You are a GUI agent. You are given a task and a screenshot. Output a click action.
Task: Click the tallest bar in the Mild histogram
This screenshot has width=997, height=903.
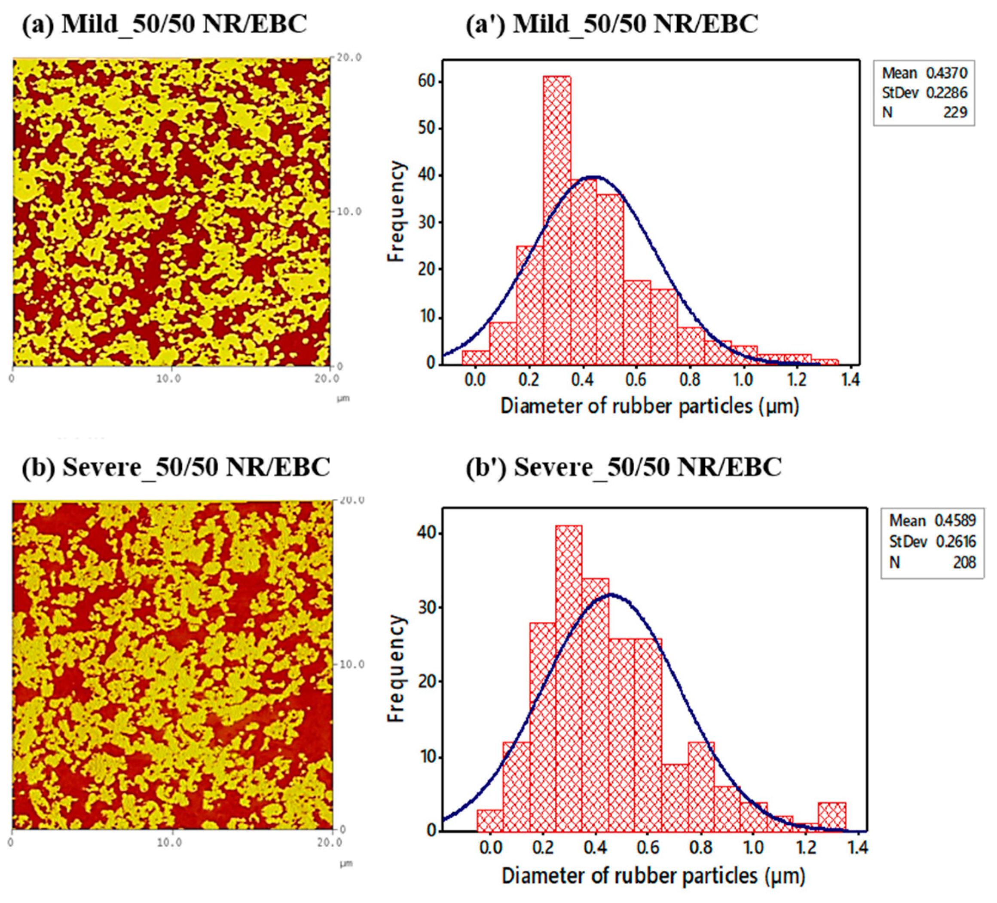[557, 220]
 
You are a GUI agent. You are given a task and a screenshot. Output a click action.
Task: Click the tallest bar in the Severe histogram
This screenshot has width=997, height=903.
[568, 678]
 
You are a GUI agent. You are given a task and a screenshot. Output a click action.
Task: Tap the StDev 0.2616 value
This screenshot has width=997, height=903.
[955, 542]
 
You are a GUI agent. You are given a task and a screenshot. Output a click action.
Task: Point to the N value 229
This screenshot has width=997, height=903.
[954, 113]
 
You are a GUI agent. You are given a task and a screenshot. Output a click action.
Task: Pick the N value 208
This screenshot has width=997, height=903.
[964, 562]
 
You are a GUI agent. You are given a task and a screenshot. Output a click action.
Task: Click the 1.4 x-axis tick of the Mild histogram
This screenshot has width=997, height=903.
[850, 380]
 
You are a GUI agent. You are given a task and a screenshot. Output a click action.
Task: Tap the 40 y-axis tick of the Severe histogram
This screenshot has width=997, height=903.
[429, 533]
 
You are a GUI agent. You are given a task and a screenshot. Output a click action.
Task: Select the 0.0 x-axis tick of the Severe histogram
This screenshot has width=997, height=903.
[491, 847]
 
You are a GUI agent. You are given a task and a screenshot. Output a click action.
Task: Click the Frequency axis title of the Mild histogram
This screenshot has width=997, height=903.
[396, 212]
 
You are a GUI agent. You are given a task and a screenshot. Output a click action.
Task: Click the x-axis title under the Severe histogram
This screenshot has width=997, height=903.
[653, 876]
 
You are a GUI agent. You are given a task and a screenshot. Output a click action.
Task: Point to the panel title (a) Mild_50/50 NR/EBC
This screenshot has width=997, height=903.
[164, 24]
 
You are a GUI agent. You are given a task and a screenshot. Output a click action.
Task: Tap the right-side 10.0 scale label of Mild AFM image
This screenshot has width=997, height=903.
[349, 212]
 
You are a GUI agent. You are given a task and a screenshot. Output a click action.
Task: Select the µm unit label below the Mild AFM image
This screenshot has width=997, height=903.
[343, 398]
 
